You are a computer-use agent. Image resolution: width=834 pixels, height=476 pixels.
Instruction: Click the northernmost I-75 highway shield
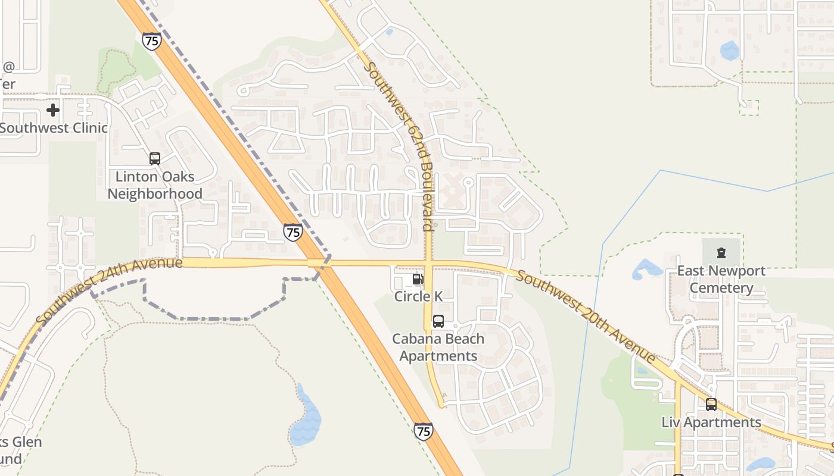click(x=152, y=41)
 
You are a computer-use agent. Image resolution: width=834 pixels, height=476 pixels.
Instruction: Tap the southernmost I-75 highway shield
click(x=423, y=431)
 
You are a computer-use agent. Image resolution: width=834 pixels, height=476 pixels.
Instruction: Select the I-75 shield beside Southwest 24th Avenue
click(x=292, y=232)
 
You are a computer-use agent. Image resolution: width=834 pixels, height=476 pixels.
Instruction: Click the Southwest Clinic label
click(x=54, y=128)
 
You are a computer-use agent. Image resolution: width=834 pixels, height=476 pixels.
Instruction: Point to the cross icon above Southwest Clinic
click(x=53, y=110)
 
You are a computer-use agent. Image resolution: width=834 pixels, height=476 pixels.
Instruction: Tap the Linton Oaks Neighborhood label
click(x=155, y=185)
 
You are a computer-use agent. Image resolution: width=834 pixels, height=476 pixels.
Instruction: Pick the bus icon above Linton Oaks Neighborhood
click(x=155, y=159)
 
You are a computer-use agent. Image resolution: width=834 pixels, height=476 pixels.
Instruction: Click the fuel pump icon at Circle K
click(x=418, y=279)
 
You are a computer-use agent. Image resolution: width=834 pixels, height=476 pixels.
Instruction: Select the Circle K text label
click(x=418, y=296)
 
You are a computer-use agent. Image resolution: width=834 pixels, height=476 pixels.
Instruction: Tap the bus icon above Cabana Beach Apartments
click(x=438, y=321)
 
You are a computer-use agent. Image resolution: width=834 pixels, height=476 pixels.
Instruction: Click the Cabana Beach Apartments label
click(x=438, y=347)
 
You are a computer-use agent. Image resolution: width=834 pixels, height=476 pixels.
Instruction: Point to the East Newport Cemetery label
click(x=721, y=280)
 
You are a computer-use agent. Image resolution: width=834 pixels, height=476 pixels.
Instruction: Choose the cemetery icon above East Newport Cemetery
click(x=721, y=253)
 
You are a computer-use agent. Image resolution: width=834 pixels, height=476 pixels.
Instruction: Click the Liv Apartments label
click(x=711, y=422)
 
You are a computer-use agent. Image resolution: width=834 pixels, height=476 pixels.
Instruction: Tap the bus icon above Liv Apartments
click(x=711, y=405)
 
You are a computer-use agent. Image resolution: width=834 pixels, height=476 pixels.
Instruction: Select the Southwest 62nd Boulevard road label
click(x=399, y=146)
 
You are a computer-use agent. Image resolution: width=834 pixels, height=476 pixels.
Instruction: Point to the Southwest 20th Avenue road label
click(x=586, y=317)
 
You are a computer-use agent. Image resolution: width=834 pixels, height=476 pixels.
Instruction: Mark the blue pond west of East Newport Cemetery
click(x=645, y=269)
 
